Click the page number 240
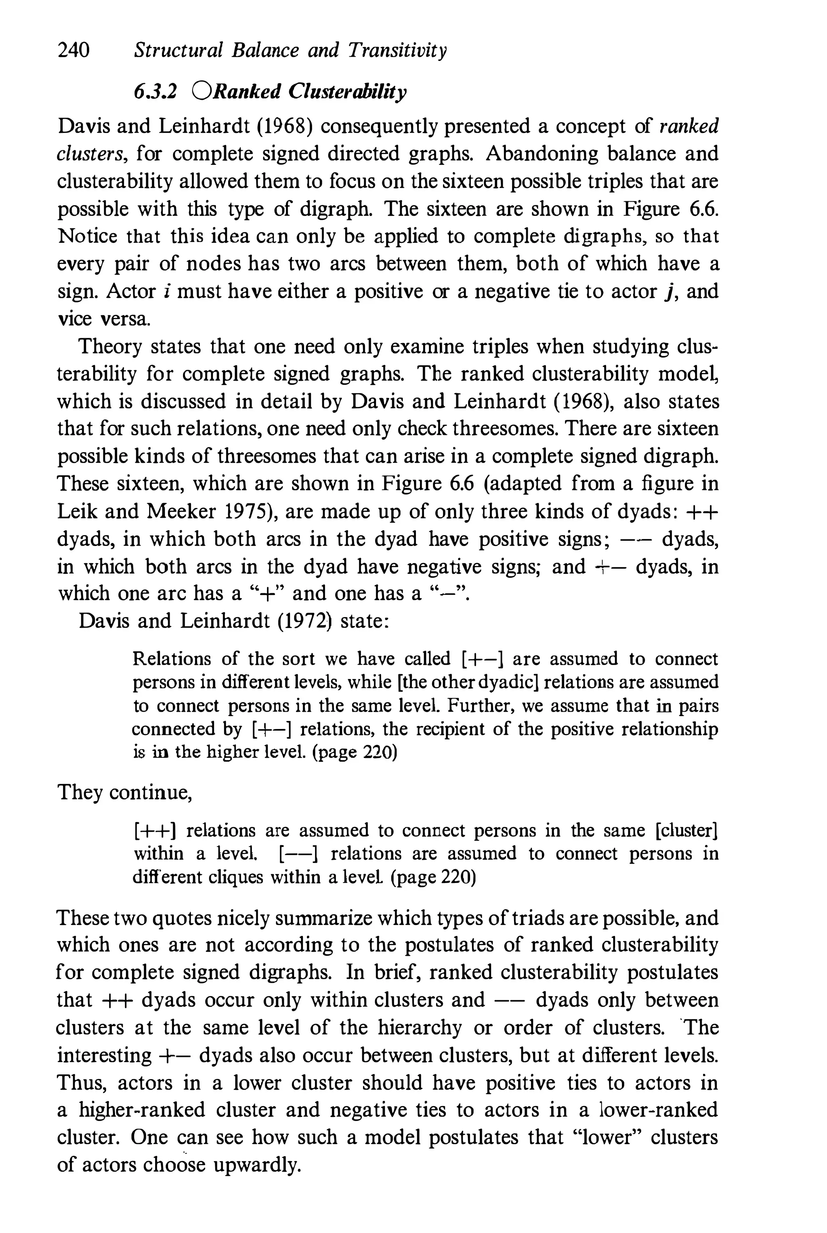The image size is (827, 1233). pos(73,50)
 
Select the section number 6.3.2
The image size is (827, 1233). pos(155,91)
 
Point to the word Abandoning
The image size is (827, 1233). pos(541,154)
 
